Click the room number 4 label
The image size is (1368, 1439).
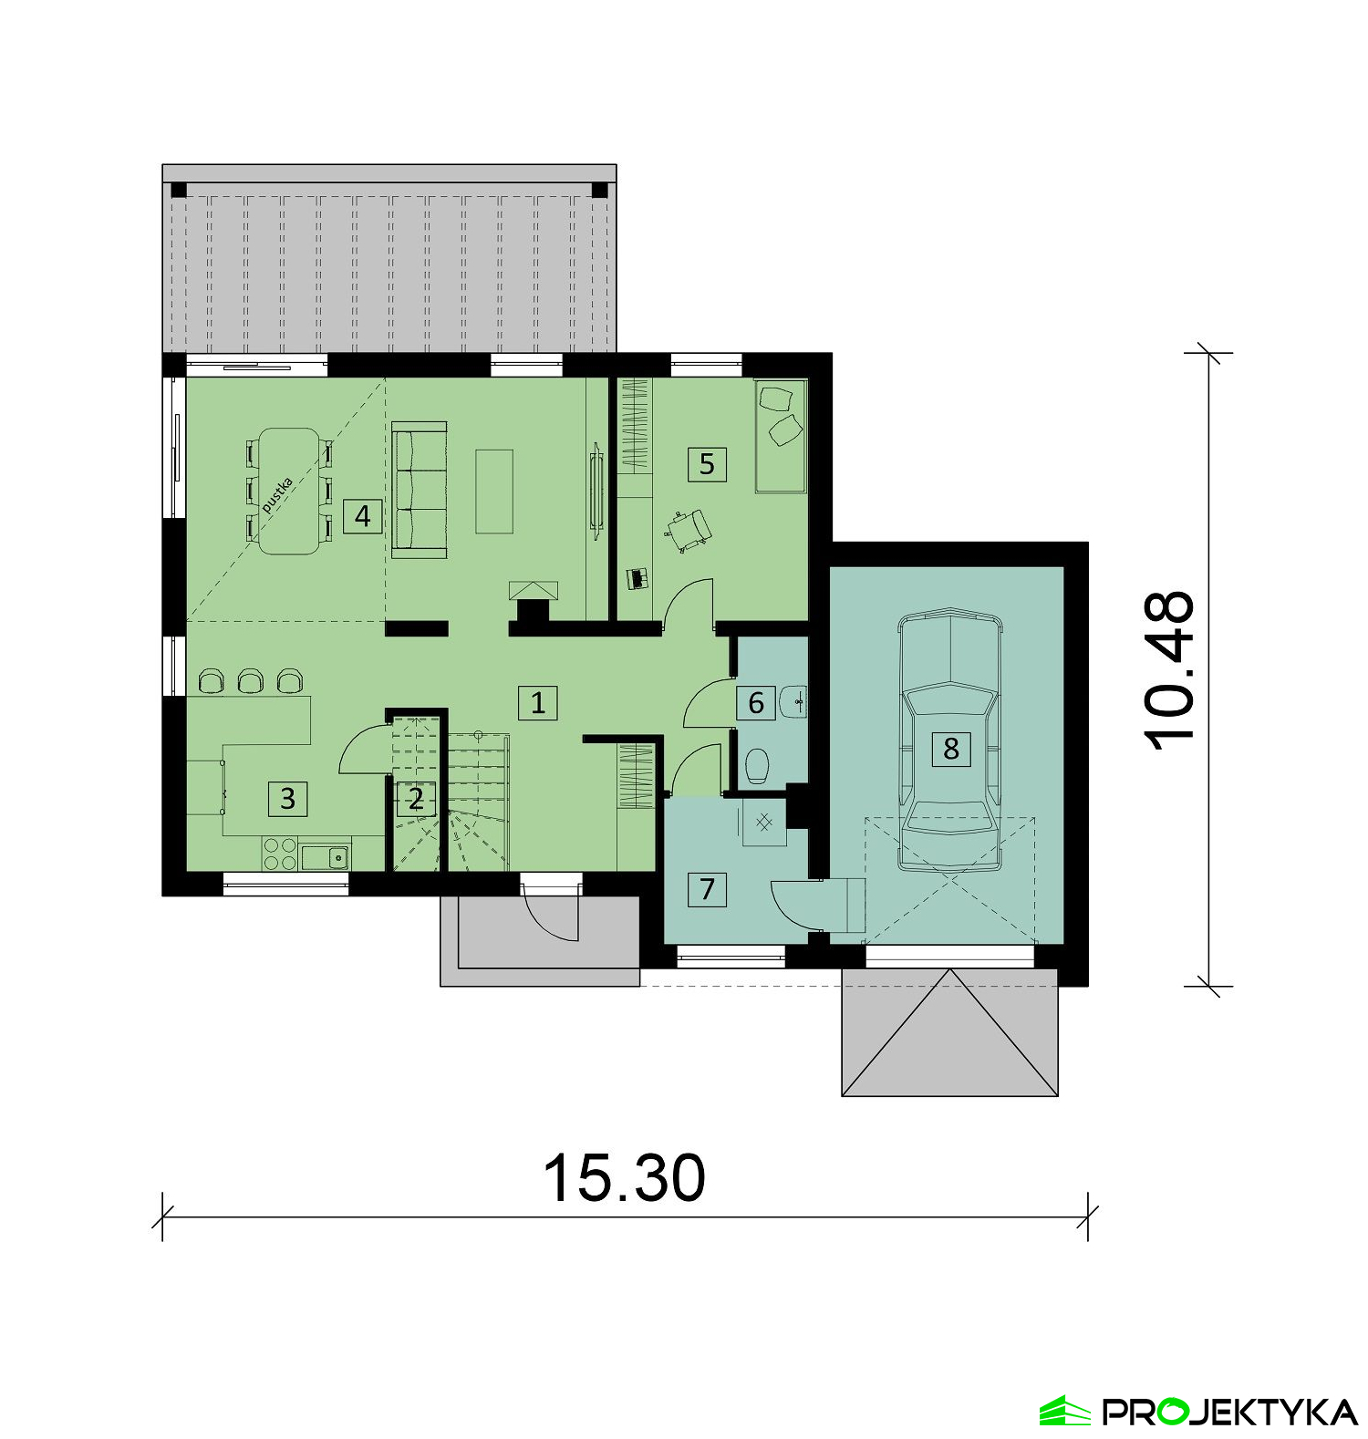click(362, 516)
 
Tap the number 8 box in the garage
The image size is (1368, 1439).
click(950, 749)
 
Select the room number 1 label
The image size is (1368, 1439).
click(537, 703)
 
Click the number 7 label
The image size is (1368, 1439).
click(707, 888)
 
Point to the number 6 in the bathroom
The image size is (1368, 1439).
click(755, 703)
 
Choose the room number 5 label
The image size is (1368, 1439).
click(707, 464)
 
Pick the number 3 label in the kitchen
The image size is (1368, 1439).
click(287, 799)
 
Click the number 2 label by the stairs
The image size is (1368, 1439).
click(416, 800)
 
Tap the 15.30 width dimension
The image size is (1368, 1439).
click(624, 1177)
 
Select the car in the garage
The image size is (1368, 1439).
click(950, 738)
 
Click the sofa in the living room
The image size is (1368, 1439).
click(419, 490)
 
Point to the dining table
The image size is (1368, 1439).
click(288, 491)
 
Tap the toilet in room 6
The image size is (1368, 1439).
click(756, 766)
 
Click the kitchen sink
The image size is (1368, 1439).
click(326, 857)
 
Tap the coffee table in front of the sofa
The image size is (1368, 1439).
click(494, 491)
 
